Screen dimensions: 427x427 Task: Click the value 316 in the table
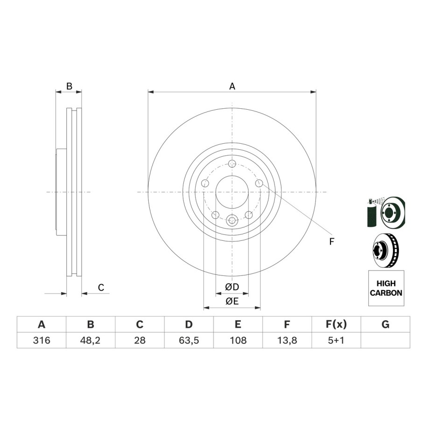coord(42,340)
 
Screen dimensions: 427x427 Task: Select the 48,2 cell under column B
coord(90,340)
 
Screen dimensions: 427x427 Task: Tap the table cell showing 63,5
coord(189,340)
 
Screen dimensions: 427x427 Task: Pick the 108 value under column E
coord(238,340)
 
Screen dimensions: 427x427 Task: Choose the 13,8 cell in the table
coord(287,340)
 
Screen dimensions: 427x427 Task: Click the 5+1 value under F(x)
coord(336,340)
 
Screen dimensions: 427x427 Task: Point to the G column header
coord(385,324)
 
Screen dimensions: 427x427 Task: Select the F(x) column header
coord(336,324)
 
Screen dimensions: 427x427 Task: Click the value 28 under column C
coord(140,340)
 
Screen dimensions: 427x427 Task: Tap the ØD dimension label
coord(232,287)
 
